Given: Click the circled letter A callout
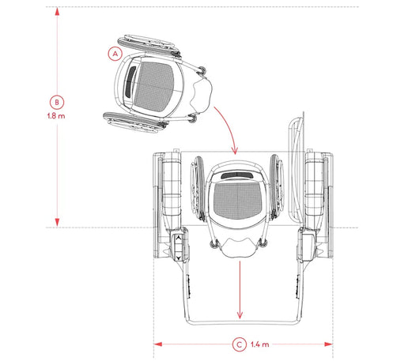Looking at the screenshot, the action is (115, 54).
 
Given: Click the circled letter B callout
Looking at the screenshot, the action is (57, 102).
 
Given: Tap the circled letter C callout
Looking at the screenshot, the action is (240, 344).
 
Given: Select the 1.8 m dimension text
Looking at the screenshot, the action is (56, 116).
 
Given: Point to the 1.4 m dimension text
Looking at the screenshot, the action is (260, 344).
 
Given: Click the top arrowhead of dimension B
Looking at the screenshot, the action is (57, 11).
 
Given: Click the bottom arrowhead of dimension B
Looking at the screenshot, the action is (57, 223).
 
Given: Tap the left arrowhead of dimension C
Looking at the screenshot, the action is (157, 344).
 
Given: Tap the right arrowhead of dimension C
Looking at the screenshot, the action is (329, 344).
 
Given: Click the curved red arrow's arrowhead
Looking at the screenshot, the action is (235, 151).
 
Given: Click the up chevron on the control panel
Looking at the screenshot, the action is (179, 238).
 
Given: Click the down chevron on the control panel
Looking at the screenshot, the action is (179, 258).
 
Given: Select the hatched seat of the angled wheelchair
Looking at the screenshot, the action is (154, 86).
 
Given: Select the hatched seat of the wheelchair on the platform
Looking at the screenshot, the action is (237, 201).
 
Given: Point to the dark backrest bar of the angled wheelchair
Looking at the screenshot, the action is (130, 82).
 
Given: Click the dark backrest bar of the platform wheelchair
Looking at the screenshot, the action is (237, 175).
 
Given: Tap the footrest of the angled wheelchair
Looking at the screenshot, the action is (202, 96).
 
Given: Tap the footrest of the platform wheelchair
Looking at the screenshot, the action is (239, 247).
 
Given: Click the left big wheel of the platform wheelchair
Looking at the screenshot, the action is (198, 189).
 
